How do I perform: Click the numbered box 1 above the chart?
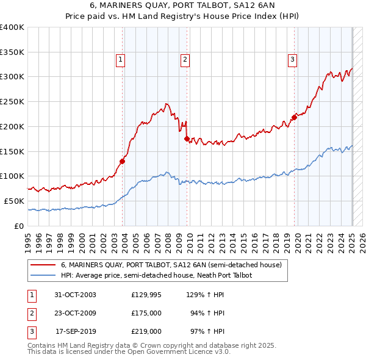[x=121, y=60]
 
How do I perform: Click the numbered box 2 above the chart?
[x=185, y=60]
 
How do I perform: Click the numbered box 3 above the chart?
[x=293, y=60]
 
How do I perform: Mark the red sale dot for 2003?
[x=123, y=161]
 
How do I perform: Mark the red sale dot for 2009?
[x=187, y=139]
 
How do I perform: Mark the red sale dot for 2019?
[x=294, y=117]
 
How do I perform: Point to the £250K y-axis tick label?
[x=12, y=102]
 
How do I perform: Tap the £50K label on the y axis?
[x=13, y=201]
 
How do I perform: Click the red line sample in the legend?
[x=43, y=265]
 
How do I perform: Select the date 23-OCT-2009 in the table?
[x=76, y=313]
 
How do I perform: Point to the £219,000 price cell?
[x=146, y=331]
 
